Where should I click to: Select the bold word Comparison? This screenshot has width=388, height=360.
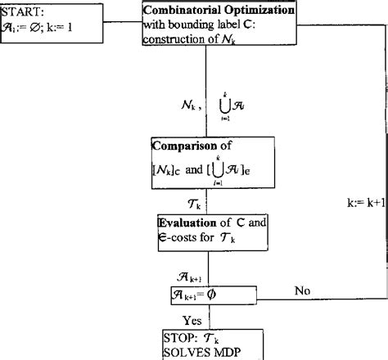coord(181,148)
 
